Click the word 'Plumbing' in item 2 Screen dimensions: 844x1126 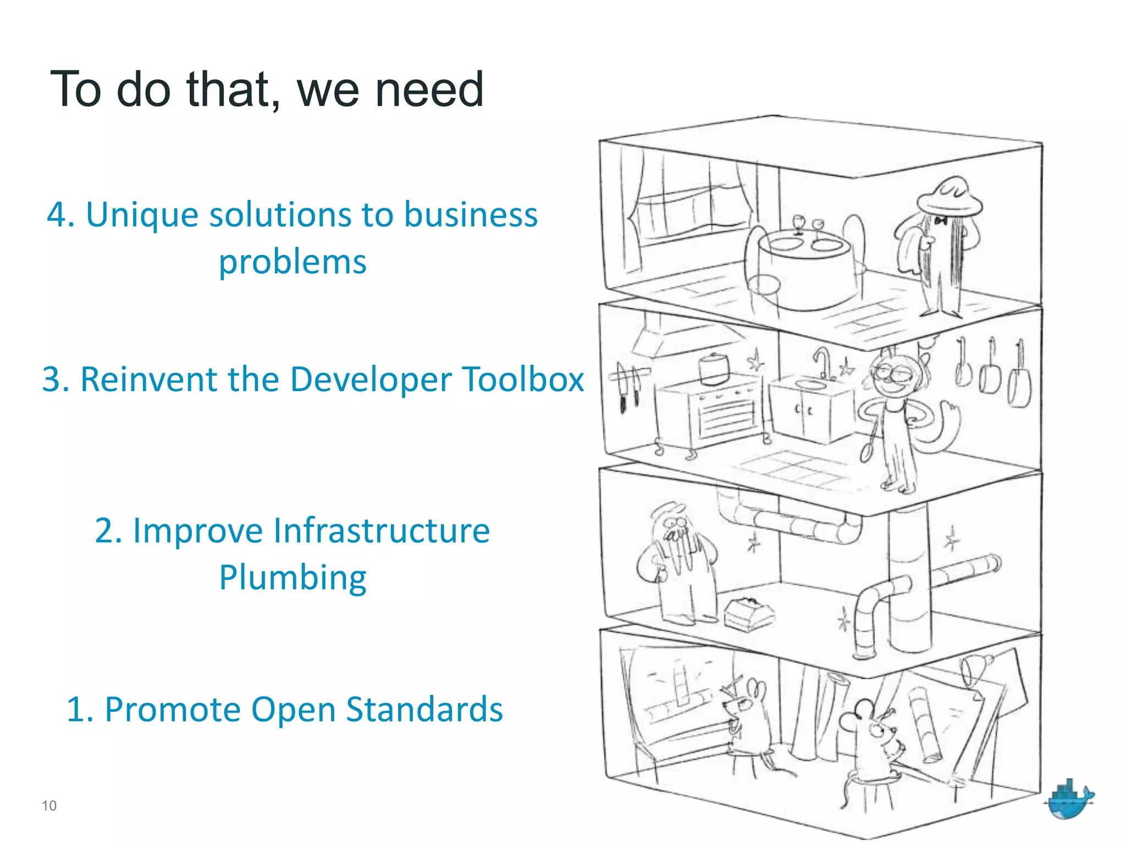(292, 578)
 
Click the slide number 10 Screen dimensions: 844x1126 (49, 806)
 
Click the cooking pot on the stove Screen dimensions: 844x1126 (714, 368)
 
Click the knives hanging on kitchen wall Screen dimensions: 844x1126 (628, 385)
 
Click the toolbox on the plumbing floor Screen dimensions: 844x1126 (748, 613)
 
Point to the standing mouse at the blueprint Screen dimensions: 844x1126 (748, 720)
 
